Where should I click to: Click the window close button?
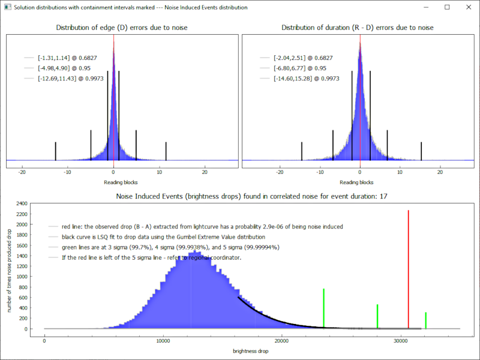click(467, 7)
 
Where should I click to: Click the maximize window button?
click(447, 7)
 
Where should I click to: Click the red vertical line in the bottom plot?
click(408, 270)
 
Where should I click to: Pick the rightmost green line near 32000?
click(425, 320)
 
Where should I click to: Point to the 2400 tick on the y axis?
click(21, 204)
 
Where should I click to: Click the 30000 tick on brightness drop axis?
click(400, 341)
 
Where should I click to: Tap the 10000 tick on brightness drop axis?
click(163, 341)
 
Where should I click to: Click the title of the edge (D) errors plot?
click(121, 28)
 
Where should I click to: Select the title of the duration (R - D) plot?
click(358, 28)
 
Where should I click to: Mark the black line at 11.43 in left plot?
click(166, 151)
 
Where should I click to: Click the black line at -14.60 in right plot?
click(301, 151)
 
